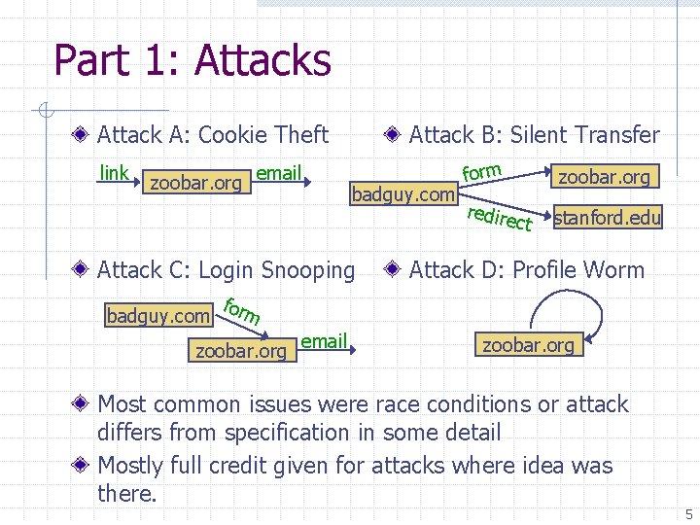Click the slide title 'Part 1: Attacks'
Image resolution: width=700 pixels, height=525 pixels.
pyautogui.click(x=192, y=60)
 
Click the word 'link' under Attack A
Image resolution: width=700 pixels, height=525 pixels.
pyautogui.click(x=114, y=173)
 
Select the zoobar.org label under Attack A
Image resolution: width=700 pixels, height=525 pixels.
pyautogui.click(x=194, y=183)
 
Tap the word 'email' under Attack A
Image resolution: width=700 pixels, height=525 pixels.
pyautogui.click(x=279, y=173)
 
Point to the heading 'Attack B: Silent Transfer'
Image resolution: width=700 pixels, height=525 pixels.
pyautogui.click(x=534, y=135)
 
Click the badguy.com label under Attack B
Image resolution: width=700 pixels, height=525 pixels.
pyautogui.click(x=403, y=194)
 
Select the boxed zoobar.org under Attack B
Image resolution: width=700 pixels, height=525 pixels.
pyautogui.click(x=604, y=176)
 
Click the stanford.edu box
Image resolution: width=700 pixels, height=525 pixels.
pyautogui.click(x=608, y=218)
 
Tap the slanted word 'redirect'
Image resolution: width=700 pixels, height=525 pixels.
pyautogui.click(x=500, y=219)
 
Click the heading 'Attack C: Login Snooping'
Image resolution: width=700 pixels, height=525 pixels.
pyautogui.click(x=227, y=269)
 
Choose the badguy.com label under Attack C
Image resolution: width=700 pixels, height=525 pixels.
pyautogui.click(x=158, y=315)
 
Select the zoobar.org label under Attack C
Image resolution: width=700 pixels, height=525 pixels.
pyautogui.click(x=241, y=351)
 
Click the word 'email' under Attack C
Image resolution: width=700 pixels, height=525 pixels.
pyautogui.click(x=324, y=341)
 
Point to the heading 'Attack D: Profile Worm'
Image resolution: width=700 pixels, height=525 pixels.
pyautogui.click(x=526, y=269)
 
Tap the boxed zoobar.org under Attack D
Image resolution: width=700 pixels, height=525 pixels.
pyautogui.click(x=528, y=345)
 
